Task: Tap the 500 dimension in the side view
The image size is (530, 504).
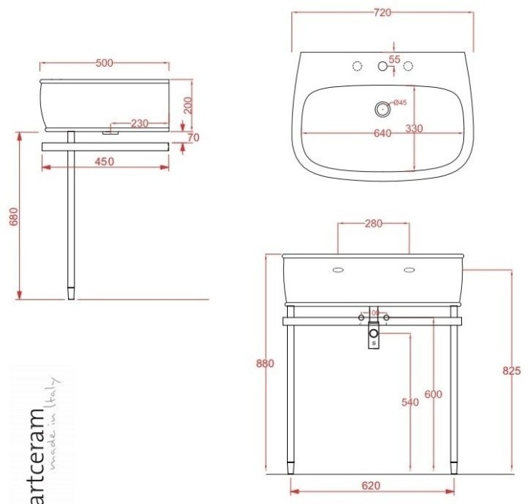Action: (x=104, y=63)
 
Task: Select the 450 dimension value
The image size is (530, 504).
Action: (x=104, y=160)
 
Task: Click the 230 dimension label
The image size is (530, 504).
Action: (x=139, y=123)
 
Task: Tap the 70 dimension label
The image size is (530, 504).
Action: (x=193, y=138)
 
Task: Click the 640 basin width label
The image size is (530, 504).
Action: (x=382, y=133)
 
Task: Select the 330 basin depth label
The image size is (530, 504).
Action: (x=413, y=129)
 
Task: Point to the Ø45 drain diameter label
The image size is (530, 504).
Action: (x=399, y=103)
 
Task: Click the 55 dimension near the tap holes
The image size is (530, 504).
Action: (x=394, y=58)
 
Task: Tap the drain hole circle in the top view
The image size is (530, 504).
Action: (x=382, y=109)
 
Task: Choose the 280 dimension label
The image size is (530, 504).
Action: (x=373, y=223)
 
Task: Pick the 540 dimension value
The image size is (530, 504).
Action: (x=410, y=403)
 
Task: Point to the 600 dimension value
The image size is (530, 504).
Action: (x=433, y=394)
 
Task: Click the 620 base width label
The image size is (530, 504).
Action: (x=371, y=485)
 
